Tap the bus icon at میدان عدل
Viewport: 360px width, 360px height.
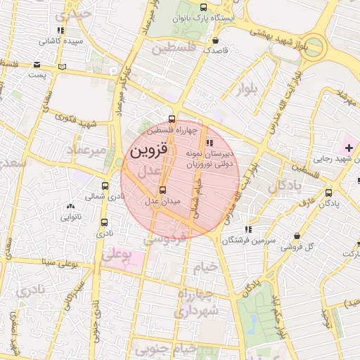(163, 190)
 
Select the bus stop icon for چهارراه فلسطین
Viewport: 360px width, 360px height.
(173, 119)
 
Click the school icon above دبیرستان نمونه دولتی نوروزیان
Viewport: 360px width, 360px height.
(210, 144)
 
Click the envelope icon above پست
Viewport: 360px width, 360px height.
(35, 63)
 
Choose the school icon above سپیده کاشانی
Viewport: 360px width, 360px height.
(60, 30)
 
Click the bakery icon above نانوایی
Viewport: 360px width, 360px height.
(70, 206)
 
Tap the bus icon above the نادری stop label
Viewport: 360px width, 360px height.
(104, 221)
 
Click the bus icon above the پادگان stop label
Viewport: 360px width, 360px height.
(329, 192)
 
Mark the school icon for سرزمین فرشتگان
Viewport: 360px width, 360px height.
(247, 229)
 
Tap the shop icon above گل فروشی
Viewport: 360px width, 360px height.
(301, 236)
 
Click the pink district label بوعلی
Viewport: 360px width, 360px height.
(118, 255)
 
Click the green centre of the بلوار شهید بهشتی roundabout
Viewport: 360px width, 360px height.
(314, 49)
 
